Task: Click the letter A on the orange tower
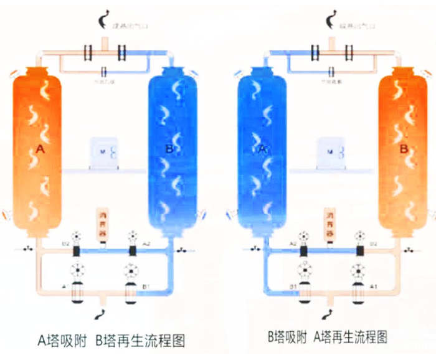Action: (x=40, y=149)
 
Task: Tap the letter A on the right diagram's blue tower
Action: (x=262, y=149)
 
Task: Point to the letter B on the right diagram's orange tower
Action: (x=403, y=149)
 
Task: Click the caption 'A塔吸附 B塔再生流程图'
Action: (x=111, y=341)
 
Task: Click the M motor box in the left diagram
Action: (x=103, y=153)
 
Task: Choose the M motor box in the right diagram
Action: (x=329, y=152)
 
